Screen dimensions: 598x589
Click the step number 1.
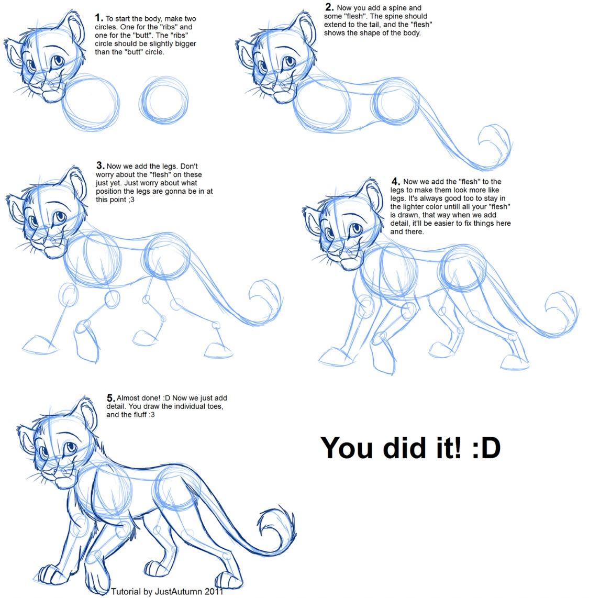(98, 18)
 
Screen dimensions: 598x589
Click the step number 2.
(329, 7)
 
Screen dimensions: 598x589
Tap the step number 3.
(100, 165)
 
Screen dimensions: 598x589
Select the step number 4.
(395, 182)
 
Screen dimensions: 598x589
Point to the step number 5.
(110, 397)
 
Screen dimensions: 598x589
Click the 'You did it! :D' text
(410, 448)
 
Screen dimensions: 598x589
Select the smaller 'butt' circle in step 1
(164, 103)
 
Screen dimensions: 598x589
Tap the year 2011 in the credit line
(213, 592)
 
